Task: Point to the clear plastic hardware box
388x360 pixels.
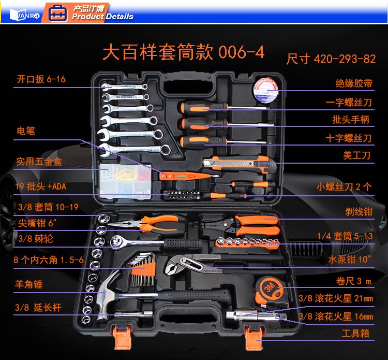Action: click(x=126, y=181)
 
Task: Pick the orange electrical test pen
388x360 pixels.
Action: click(x=189, y=176)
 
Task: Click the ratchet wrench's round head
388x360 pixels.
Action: click(x=116, y=242)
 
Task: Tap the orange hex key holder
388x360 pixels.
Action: click(x=143, y=269)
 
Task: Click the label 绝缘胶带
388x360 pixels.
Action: click(x=354, y=83)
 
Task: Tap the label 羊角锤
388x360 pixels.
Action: click(x=28, y=284)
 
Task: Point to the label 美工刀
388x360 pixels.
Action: click(x=356, y=155)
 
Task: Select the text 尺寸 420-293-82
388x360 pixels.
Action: click(x=331, y=59)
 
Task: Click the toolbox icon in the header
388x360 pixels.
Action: click(x=57, y=13)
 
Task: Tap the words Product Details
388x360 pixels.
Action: click(x=102, y=17)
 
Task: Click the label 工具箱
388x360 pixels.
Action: click(x=355, y=333)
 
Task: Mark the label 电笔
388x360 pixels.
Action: click(x=26, y=131)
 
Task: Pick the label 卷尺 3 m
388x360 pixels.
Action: click(x=354, y=281)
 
